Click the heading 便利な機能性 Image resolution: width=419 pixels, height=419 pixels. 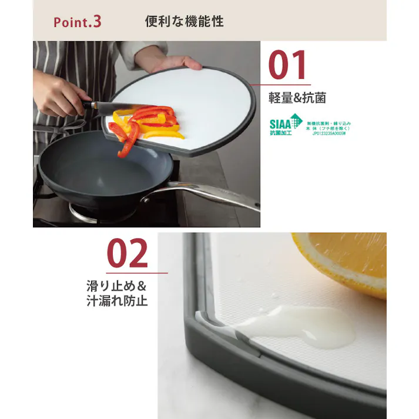[184, 22]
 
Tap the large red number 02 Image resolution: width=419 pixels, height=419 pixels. [128, 254]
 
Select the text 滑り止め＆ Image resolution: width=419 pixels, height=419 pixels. [116, 287]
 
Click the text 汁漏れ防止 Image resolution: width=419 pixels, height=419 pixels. [116, 301]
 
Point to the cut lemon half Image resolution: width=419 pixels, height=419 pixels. [347, 259]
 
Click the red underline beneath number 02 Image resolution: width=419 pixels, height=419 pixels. [136, 273]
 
